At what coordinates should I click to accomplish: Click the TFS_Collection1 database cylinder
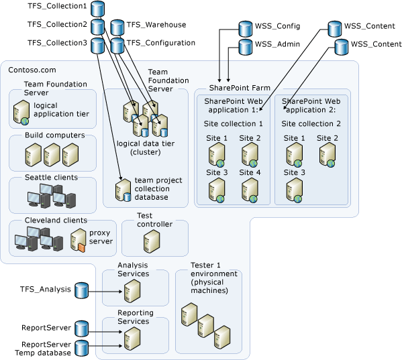pyautogui.click(x=98, y=9)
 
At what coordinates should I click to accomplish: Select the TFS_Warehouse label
pyautogui.click(x=156, y=25)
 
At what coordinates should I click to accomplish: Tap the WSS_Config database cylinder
pyautogui.click(x=245, y=28)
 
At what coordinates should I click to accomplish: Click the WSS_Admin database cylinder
pyautogui.click(x=245, y=48)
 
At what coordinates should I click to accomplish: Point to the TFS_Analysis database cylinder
pyautogui.click(x=81, y=290)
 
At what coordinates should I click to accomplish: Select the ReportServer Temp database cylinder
pyautogui.click(x=81, y=348)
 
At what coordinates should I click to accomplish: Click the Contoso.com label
pyautogui.click(x=32, y=70)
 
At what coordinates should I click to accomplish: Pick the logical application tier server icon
pyautogui.click(x=21, y=113)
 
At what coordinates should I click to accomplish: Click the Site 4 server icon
pyautogui.click(x=249, y=190)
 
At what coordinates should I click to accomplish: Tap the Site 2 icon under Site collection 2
pyautogui.click(x=327, y=155)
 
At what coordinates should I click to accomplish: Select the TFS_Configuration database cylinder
pyautogui.click(x=117, y=45)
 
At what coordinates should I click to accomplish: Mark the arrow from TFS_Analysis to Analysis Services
pyautogui.click(x=104, y=290)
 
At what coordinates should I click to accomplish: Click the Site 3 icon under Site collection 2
pyautogui.click(x=293, y=190)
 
